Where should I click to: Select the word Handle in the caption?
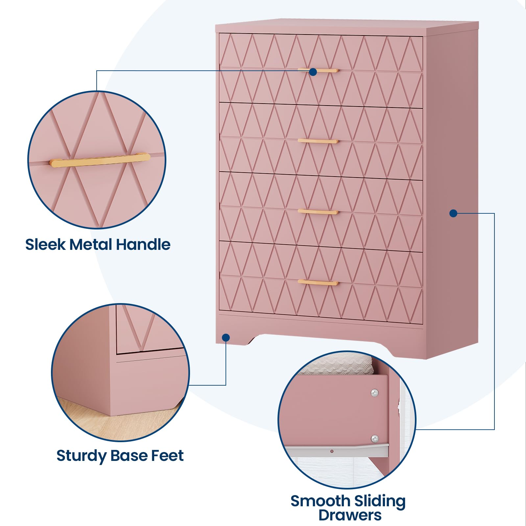point(143,245)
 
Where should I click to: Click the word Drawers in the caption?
point(350,515)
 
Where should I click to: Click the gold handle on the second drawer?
point(318,141)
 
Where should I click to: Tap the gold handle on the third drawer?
point(318,212)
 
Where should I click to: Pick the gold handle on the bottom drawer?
point(318,283)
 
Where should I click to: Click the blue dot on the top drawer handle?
point(313,72)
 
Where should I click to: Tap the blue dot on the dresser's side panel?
point(453,213)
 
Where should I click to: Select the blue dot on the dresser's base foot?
point(226,337)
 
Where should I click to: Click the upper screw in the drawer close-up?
point(374,393)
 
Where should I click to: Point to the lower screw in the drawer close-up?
point(374,438)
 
